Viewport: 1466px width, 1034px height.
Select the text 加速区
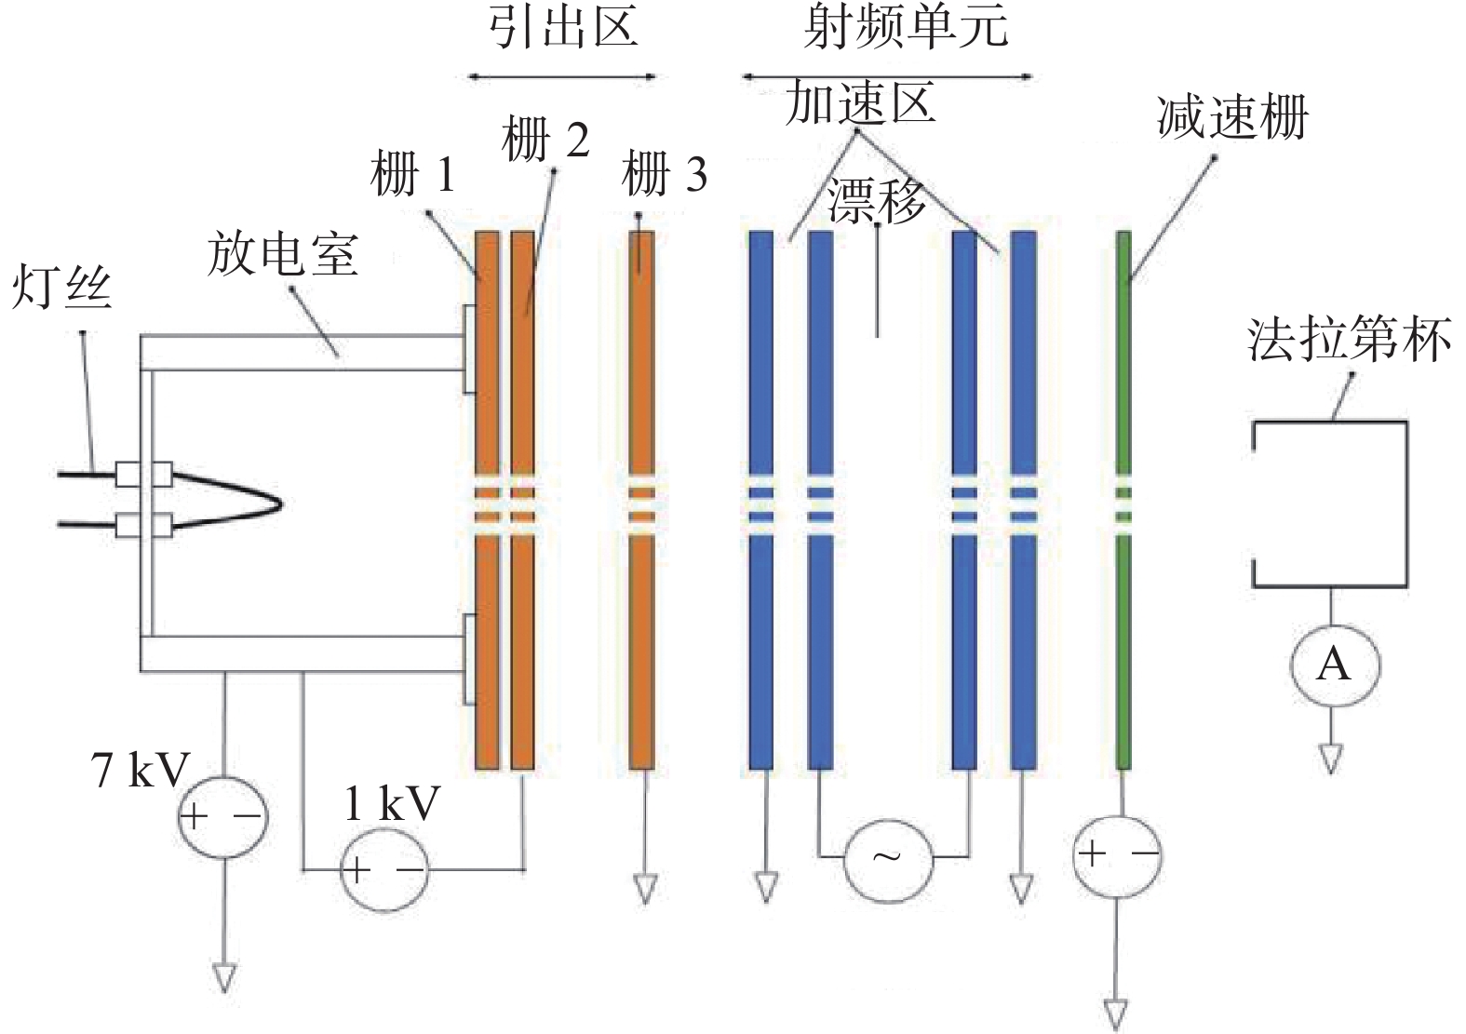(x=860, y=102)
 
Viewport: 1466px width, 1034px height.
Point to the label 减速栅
(x=1232, y=118)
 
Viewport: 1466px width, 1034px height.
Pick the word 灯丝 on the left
(x=62, y=286)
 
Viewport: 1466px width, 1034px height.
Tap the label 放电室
(x=283, y=254)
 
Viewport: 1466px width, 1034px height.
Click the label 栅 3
(x=665, y=174)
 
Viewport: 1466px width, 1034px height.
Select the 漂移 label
(x=877, y=200)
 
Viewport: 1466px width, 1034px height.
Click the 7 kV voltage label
(x=140, y=770)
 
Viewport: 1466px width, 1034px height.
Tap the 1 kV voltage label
(x=392, y=803)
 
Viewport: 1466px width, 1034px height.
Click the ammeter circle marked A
(x=1335, y=665)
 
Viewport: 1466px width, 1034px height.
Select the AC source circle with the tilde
(x=888, y=857)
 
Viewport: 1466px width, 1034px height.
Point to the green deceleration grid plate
(x=1123, y=500)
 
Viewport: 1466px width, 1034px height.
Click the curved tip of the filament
(x=280, y=504)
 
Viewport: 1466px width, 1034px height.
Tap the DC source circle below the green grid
(x=1118, y=855)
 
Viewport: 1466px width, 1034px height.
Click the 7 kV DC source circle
(x=223, y=816)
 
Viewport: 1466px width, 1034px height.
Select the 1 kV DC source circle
(x=384, y=870)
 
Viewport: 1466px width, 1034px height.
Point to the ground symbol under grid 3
(x=645, y=888)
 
